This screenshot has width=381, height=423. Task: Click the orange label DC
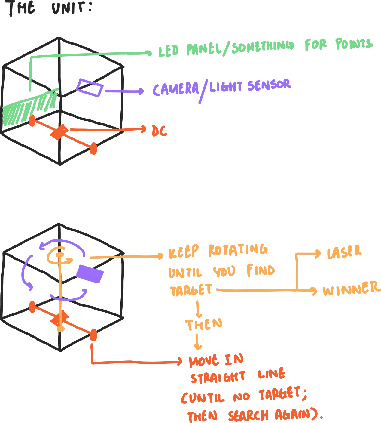[159, 131]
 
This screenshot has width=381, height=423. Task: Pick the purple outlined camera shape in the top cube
[90, 87]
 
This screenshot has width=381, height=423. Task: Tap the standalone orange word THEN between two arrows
[203, 325]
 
